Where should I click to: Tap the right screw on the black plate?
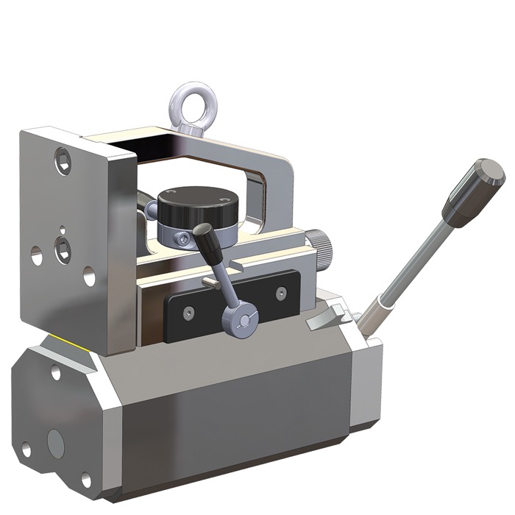pyautogui.click(x=280, y=294)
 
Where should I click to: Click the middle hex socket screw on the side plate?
pyautogui.click(x=63, y=249)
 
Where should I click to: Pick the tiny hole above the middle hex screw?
pyautogui.click(x=63, y=227)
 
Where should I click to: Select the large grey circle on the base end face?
pyautogui.click(x=57, y=441)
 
